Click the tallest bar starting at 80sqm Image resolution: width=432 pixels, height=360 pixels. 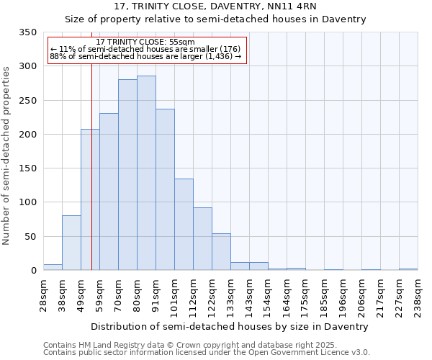(146, 173)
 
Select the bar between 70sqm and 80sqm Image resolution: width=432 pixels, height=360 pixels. (127, 175)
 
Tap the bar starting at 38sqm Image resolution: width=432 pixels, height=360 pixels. (71, 243)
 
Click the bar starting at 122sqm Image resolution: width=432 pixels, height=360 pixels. (221, 252)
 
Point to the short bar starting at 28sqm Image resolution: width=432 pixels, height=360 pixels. (53, 267)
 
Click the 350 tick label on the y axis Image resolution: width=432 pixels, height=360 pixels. (27, 32)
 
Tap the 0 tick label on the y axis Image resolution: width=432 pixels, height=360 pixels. (33, 271)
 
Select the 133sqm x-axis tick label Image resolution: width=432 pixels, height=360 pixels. (230, 294)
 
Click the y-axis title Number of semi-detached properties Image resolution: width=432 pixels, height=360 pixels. (7, 156)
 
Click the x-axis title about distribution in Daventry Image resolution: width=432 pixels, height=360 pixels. (230, 326)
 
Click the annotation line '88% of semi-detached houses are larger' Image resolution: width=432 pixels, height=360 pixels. (145, 57)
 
